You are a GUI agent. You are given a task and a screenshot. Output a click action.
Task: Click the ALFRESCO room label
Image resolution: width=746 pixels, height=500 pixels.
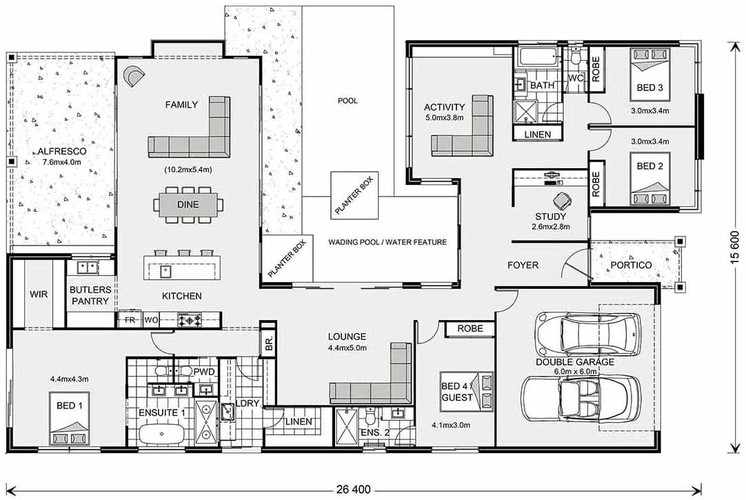tap(62, 152)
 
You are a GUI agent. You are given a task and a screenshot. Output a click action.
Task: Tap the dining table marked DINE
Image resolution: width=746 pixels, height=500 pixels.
tap(188, 205)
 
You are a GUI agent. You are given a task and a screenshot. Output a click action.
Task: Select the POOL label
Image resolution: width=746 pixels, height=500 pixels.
tap(347, 101)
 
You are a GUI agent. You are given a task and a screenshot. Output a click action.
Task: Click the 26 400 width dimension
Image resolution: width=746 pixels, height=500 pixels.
tap(353, 490)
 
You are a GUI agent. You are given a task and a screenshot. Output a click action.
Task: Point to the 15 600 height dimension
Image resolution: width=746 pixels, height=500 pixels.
tap(736, 247)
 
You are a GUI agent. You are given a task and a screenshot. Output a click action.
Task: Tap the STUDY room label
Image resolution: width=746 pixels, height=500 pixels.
tap(550, 217)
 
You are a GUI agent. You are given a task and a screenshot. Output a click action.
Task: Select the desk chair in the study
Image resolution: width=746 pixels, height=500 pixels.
tap(563, 200)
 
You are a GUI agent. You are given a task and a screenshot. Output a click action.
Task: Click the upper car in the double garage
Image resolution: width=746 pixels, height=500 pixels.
tap(587, 333)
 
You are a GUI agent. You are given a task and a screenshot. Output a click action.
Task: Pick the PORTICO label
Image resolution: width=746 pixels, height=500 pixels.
tap(631, 265)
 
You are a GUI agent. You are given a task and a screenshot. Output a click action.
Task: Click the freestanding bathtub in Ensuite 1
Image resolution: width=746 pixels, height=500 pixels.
tap(162, 434)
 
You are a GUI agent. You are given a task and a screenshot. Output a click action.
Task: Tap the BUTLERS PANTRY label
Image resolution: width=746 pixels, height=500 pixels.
tap(90, 295)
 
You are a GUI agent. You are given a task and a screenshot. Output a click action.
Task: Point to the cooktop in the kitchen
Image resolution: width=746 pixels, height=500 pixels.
tap(190, 320)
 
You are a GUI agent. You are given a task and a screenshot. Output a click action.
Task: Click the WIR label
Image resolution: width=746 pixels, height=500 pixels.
tap(39, 294)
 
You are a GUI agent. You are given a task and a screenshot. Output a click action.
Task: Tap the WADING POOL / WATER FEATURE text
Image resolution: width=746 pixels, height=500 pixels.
tap(387, 242)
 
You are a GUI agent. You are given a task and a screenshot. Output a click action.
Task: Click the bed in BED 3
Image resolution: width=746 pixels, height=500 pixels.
tap(650, 74)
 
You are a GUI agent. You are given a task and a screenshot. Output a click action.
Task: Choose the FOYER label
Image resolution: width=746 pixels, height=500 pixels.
tap(523, 266)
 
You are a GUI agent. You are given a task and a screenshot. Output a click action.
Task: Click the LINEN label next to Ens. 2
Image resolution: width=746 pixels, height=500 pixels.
tap(299, 422)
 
